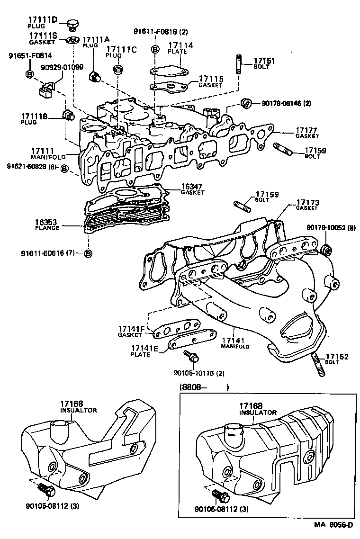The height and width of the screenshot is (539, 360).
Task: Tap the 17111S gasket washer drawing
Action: pos(72,39)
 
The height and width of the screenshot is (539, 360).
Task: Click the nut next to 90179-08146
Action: pos(245,103)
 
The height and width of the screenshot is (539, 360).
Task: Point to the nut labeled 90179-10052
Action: pos(325,250)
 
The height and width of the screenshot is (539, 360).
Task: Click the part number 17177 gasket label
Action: pos(306,130)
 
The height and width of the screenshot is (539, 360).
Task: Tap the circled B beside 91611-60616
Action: pos(88,253)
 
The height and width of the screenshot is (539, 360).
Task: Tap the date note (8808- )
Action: pos(204,387)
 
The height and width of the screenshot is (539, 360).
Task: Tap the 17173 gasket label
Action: pos(307,203)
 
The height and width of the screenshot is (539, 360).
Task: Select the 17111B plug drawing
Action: pos(67,115)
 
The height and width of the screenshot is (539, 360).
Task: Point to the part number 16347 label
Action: pos(192,187)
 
